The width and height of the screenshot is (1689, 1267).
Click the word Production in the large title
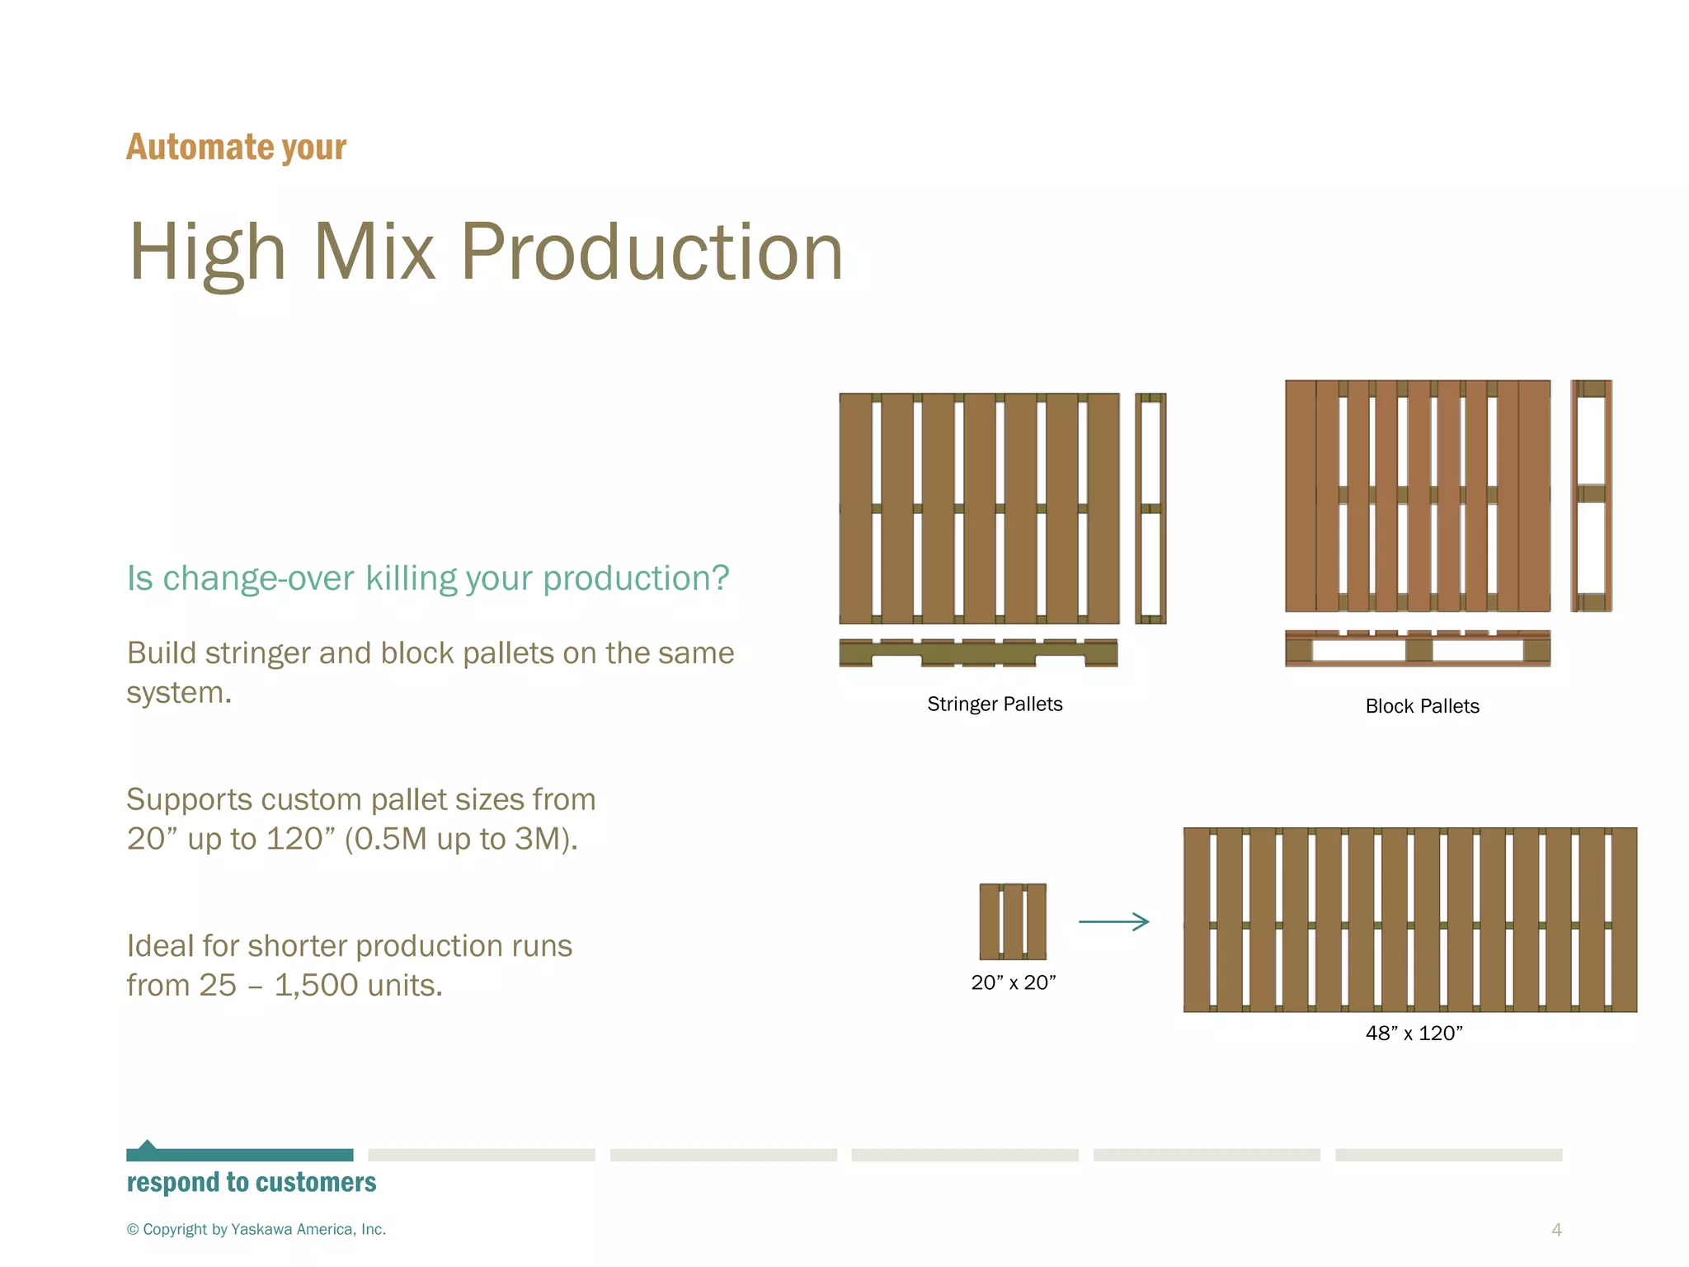[x=651, y=252]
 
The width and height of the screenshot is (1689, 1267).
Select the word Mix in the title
[x=374, y=252]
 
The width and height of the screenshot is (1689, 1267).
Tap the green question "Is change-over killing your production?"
[x=427, y=578]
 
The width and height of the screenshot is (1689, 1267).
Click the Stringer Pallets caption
[x=994, y=704]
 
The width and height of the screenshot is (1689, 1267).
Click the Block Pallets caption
[x=1422, y=707]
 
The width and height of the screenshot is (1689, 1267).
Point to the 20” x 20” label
[x=1013, y=982]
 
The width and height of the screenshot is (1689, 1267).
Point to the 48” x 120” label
[x=1414, y=1034]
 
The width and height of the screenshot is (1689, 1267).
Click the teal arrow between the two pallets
[x=1113, y=922]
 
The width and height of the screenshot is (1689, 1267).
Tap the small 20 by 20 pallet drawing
[x=1013, y=921]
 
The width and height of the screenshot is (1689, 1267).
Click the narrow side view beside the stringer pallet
[x=1150, y=508]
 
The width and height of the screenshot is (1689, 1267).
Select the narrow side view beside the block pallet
[x=1591, y=496]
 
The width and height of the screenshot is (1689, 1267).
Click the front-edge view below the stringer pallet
[x=978, y=652]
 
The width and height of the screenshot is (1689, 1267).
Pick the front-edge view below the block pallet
[x=1417, y=648]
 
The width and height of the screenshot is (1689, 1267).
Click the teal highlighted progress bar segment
[x=239, y=1155]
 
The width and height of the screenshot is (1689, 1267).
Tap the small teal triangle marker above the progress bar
[x=147, y=1144]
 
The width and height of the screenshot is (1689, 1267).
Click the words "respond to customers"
[x=251, y=1183]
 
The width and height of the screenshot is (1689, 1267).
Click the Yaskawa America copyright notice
[x=256, y=1229]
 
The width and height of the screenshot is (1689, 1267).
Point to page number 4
[x=1556, y=1230]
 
